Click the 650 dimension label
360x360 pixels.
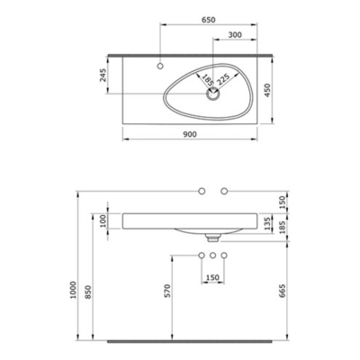(x=210, y=18)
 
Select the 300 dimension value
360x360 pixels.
(x=231, y=35)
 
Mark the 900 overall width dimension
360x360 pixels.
(x=189, y=132)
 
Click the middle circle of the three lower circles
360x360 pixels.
(x=212, y=256)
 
